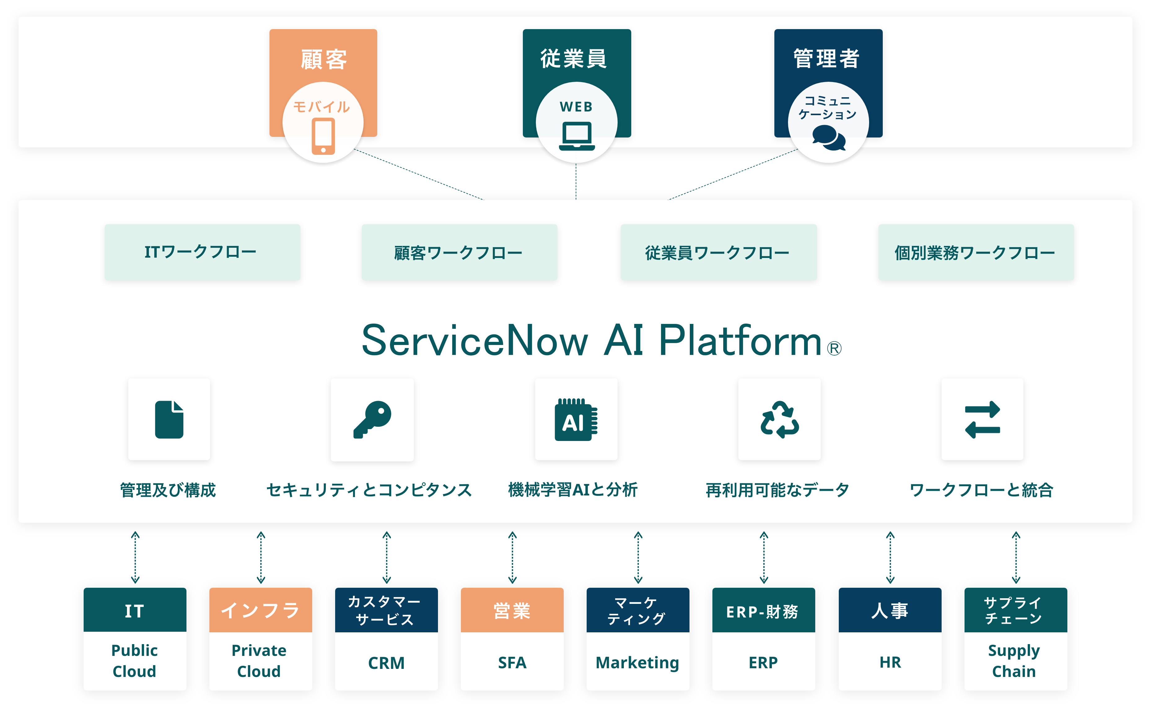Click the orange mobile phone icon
pos(323,136)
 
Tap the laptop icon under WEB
pos(577,136)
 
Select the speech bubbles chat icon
pos(829,138)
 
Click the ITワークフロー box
pos(202,252)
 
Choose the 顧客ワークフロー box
pos(460,252)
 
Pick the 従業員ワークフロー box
pos(718,252)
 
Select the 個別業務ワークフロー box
pos(976,252)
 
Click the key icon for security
pos(372,420)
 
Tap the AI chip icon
pos(576,420)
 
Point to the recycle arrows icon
pos(779,420)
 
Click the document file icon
pos(169,420)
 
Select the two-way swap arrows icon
pos(982,420)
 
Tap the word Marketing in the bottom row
pos(637,663)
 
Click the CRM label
pos(386,663)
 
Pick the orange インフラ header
pos(260,610)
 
